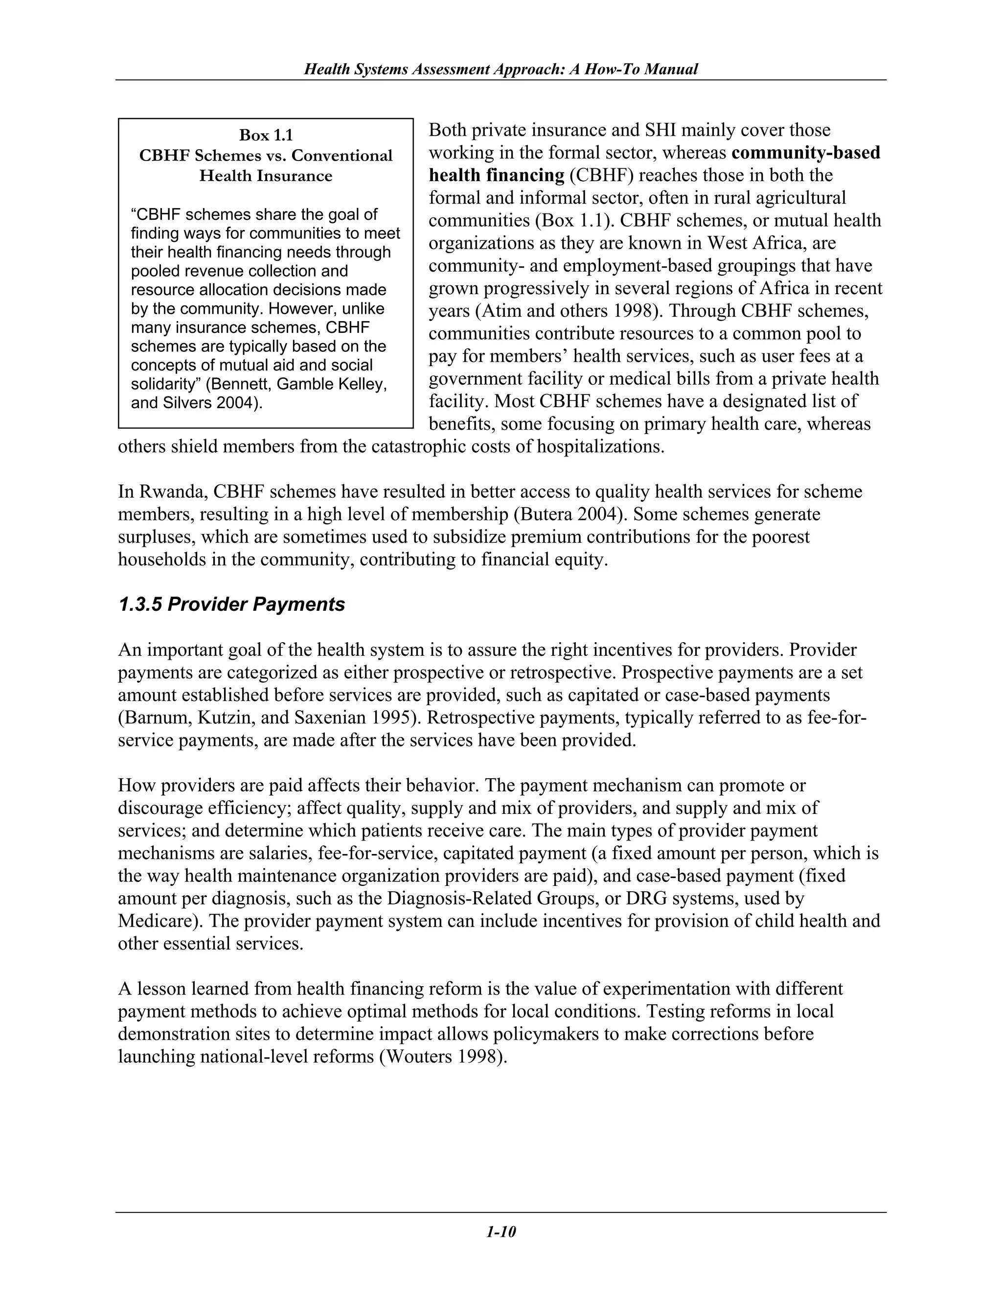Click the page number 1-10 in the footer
click(x=501, y=1232)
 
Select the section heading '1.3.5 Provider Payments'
click(x=231, y=604)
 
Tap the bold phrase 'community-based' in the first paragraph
click(x=805, y=153)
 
